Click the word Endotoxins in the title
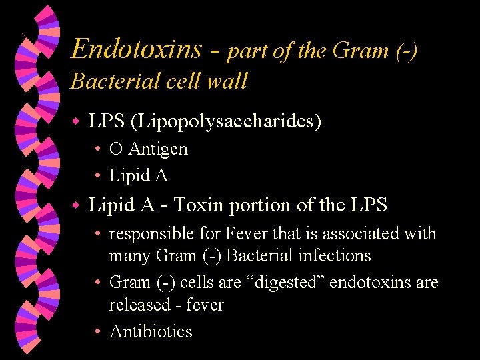137,49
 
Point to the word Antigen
159,149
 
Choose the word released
141,305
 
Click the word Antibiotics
151,331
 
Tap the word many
130,256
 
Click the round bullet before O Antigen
97,149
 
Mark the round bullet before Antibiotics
97,331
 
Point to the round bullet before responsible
97,234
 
